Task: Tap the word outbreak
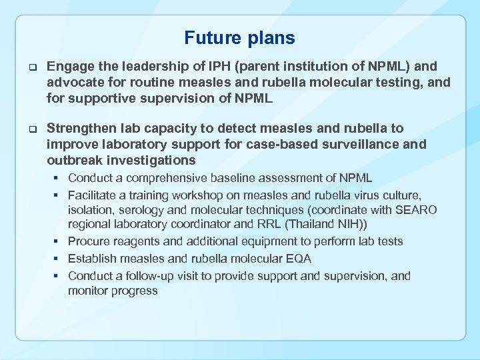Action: click(79, 160)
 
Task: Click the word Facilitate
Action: click(93, 195)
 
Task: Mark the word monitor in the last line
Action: click(90, 291)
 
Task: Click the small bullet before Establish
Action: click(59, 259)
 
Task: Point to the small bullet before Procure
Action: click(59, 241)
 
